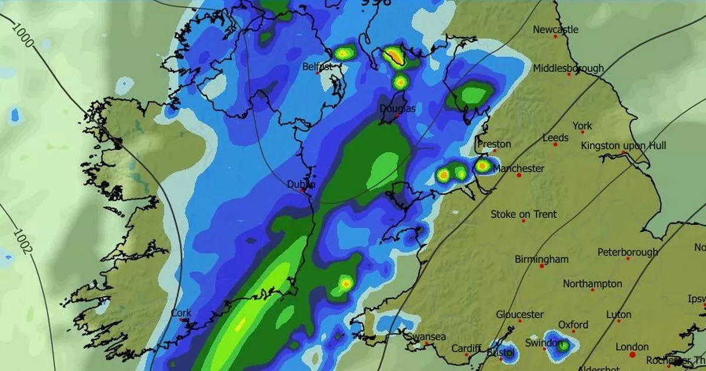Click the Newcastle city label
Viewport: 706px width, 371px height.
pyautogui.click(x=555, y=29)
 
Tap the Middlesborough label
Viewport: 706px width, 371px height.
pyautogui.click(x=568, y=68)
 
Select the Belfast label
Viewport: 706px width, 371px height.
pyautogui.click(x=317, y=67)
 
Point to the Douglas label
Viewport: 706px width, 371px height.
pyautogui.click(x=398, y=109)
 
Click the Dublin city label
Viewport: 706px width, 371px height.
pyautogui.click(x=301, y=184)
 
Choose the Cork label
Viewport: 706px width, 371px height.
pyautogui.click(x=181, y=313)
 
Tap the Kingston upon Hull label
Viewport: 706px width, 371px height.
pyautogui.click(x=623, y=145)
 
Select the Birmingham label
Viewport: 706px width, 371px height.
pyautogui.click(x=541, y=259)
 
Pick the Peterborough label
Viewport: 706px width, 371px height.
pyautogui.click(x=627, y=252)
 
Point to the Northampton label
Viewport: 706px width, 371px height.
pyautogui.click(x=592, y=284)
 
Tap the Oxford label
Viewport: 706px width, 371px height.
pyautogui.click(x=572, y=325)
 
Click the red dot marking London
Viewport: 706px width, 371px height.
pyautogui.click(x=632, y=355)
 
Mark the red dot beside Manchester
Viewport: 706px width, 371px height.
pyautogui.click(x=519, y=175)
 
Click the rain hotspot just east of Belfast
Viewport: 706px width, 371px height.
pyautogui.click(x=343, y=54)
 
